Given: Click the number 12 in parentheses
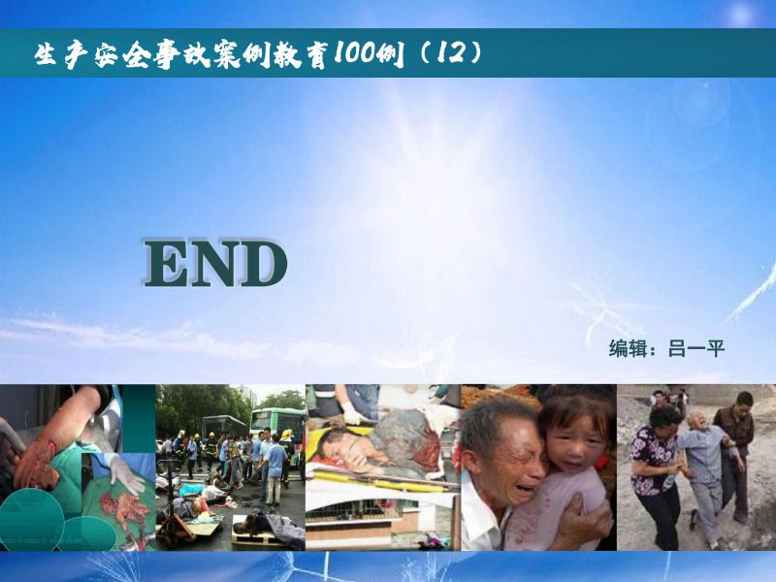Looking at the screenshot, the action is click(449, 52).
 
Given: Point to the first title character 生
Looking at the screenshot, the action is click(45, 54).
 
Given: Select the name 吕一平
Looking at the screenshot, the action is click(696, 348).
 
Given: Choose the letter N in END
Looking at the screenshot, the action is click(212, 263).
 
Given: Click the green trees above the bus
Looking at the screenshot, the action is click(203, 405).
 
